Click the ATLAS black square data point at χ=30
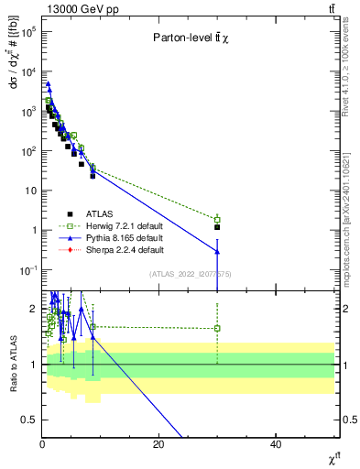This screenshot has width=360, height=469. coord(217,227)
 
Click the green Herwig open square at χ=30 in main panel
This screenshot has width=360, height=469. coord(217,220)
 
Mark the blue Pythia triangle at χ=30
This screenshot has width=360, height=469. coord(217,251)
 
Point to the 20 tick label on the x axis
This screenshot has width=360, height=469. coord(159,444)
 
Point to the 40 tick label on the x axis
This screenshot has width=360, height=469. coord(276,444)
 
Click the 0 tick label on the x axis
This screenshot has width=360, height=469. coord(42,444)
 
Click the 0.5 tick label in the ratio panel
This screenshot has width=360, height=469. coord(30,420)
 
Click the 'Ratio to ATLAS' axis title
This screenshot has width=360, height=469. coord(12,364)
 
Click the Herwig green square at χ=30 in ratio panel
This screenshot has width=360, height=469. coord(217,328)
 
